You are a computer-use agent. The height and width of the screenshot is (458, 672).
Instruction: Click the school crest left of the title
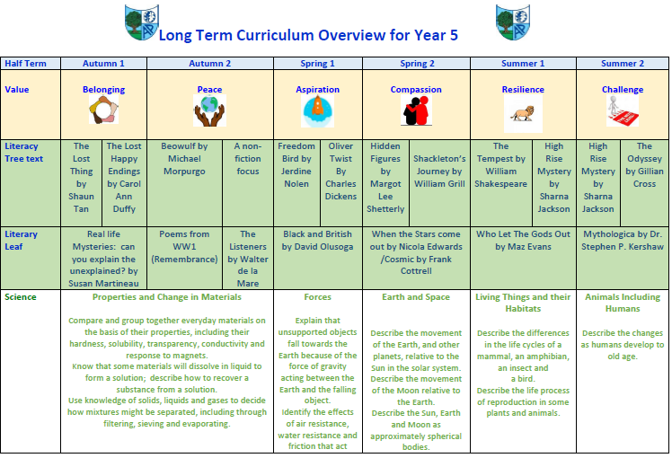[141, 23]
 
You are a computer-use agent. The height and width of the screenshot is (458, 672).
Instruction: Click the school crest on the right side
[511, 22]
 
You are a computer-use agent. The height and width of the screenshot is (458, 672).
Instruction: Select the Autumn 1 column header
[103, 64]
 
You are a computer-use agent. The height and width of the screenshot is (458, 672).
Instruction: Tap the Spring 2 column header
[416, 64]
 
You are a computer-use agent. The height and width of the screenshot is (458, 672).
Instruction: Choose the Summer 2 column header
[622, 64]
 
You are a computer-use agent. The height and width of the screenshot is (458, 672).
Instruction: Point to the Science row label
[22, 296]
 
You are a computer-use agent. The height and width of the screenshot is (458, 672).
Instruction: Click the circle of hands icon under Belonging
[103, 110]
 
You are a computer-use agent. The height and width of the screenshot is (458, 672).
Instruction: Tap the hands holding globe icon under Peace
[209, 112]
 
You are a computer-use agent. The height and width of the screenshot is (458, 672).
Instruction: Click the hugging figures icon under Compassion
[415, 111]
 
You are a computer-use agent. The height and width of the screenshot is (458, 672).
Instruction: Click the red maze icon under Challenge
[622, 111]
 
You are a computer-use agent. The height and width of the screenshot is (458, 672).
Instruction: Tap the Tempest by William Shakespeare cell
[501, 164]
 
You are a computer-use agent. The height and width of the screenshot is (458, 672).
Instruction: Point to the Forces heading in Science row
[317, 297]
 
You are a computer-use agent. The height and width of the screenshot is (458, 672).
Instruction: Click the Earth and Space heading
[415, 297]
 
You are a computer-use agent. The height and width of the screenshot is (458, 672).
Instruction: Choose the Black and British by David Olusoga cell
[317, 240]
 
